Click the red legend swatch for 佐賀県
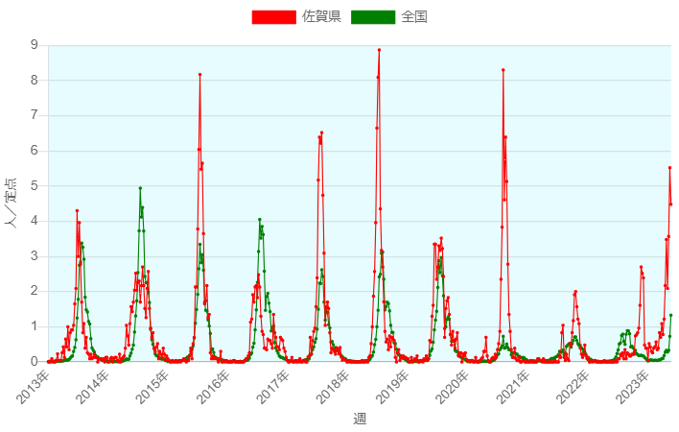pos(273,16)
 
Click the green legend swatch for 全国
pos(373,16)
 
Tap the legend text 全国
pos(414,16)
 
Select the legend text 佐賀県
pos(321,16)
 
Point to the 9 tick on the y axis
pos(35,45)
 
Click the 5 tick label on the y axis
pos(35,186)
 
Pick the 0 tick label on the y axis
pos(35,362)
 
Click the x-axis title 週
pos(360,419)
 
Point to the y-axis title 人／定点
pos(12,204)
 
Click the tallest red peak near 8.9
pos(379,50)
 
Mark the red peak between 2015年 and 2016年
pos(199,74)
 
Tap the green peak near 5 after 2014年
pos(140,188)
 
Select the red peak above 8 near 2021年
pos(503,70)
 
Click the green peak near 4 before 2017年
pos(260,220)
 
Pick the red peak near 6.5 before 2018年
pos(321,132)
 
